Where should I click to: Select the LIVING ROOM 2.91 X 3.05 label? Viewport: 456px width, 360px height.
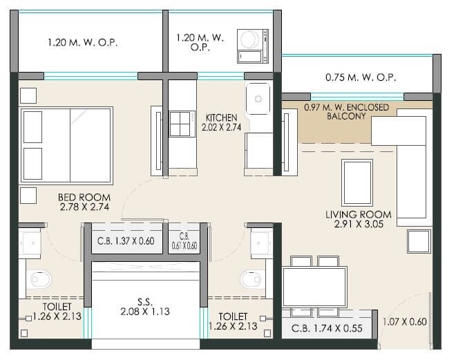click(x=354, y=219)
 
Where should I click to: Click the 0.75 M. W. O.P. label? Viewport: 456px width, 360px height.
click(x=357, y=78)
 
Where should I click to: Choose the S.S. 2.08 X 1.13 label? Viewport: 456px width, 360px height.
click(x=145, y=307)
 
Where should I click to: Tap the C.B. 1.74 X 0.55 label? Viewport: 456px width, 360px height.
click(x=327, y=328)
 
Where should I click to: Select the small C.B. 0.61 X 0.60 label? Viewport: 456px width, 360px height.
click(x=184, y=240)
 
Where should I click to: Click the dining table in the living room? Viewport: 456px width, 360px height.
click(x=314, y=286)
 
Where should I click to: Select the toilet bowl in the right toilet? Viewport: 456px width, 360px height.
click(x=250, y=278)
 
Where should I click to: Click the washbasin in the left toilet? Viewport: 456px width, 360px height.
click(x=32, y=242)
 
